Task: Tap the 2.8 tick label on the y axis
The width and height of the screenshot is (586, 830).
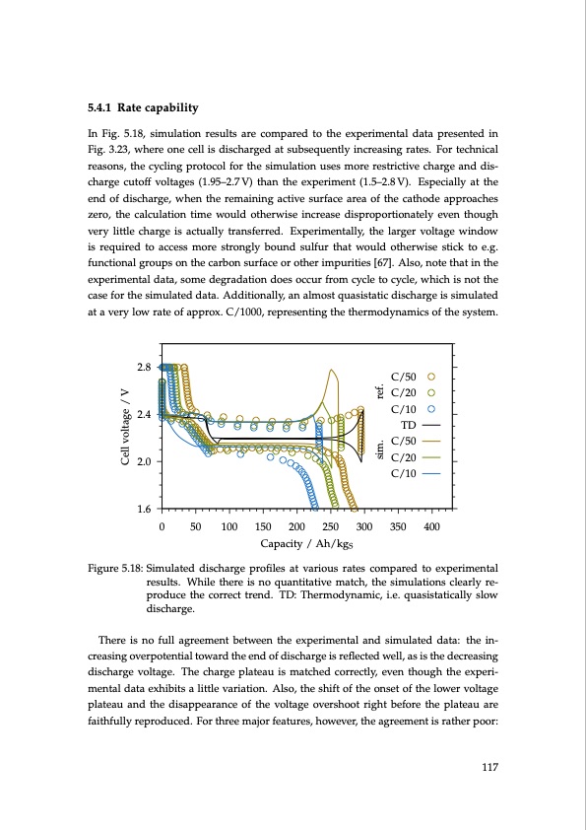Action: tap(143, 367)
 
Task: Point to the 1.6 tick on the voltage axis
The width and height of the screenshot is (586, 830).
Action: tap(143, 509)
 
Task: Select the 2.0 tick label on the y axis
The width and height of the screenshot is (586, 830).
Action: tap(143, 461)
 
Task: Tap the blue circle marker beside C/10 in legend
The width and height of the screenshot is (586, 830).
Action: tap(430, 409)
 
